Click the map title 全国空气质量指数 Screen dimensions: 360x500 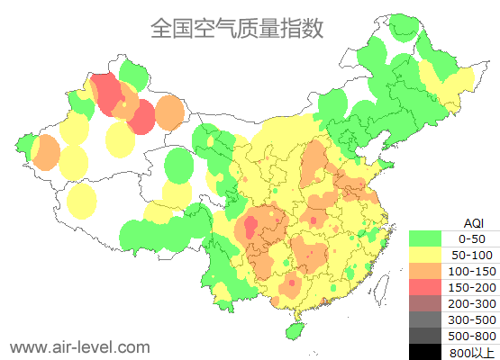[236, 28]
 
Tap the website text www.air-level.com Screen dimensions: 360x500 [79, 346]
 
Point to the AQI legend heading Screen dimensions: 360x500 [473, 222]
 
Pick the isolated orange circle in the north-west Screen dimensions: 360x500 [169, 112]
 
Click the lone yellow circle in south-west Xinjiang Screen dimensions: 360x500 [82, 202]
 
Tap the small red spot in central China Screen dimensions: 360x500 [314, 220]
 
